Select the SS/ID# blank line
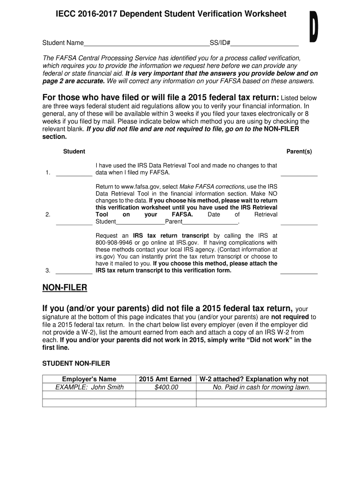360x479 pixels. click(x=265, y=45)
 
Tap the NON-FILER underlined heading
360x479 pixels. click(x=65, y=287)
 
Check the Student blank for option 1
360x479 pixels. click(x=74, y=175)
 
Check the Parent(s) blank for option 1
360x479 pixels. click(x=299, y=175)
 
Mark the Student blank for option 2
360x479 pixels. click(x=74, y=224)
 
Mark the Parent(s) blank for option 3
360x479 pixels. click(x=299, y=273)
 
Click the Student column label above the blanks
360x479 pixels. click(x=74, y=151)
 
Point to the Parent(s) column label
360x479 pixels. click(x=299, y=151)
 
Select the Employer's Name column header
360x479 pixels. click(x=89, y=379)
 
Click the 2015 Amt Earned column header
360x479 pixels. click(x=166, y=379)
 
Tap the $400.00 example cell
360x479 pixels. click(x=166, y=387)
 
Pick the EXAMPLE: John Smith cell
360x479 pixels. click(x=89, y=387)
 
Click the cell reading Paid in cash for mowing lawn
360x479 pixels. click(x=261, y=387)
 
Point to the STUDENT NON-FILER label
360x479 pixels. click(x=76, y=363)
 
